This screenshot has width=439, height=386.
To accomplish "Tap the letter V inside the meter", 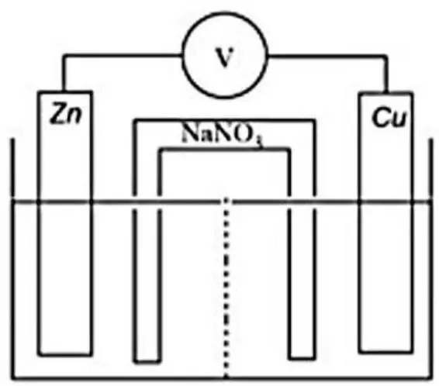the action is click(224, 57).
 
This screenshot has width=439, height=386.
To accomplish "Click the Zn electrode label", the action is click(67, 113).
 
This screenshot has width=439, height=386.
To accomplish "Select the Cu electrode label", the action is click(389, 117).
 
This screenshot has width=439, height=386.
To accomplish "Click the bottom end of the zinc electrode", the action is click(65, 355).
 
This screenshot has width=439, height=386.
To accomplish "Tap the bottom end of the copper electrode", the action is click(385, 351).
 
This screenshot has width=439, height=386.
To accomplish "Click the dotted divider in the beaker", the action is click(226, 288).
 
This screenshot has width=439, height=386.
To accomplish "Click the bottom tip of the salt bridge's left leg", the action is click(147, 362).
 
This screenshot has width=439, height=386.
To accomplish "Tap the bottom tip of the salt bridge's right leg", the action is click(302, 358).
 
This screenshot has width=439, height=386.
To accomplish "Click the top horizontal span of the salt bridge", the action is click(225, 121).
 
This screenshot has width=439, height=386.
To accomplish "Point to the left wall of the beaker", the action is click(12, 259).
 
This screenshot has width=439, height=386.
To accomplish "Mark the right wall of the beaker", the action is click(430, 259).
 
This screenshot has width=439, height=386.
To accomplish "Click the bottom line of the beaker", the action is click(222, 378).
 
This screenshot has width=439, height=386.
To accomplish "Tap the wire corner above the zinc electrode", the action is click(64, 56).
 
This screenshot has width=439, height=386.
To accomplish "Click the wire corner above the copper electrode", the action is click(385, 57).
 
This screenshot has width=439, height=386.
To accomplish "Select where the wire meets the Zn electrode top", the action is click(64, 91).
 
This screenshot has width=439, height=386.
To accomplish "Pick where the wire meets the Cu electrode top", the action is click(385, 93).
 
